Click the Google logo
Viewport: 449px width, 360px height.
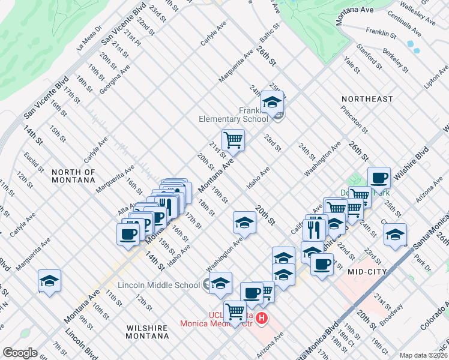tap(20, 353)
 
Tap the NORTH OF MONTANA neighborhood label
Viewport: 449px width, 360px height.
tap(73, 176)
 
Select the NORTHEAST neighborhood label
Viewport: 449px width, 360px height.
tap(367, 98)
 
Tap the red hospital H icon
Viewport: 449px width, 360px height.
tap(261, 317)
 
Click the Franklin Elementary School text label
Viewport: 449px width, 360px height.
tap(234, 115)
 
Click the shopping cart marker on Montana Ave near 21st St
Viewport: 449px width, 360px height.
tap(233, 141)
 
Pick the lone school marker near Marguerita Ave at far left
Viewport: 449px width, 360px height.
tap(49, 281)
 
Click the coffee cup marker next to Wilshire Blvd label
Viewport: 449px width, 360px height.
tap(379, 178)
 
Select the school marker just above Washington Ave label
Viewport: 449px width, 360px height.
tap(244, 223)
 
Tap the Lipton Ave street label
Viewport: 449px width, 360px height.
tap(436, 77)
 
